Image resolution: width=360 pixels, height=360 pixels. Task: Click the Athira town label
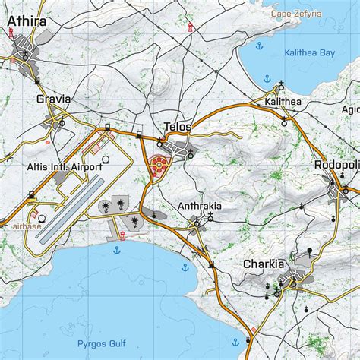[26, 22]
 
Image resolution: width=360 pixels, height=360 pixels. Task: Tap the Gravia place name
[53, 99]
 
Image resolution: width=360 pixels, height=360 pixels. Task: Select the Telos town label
[178, 127]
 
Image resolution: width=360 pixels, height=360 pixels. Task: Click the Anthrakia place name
[200, 206]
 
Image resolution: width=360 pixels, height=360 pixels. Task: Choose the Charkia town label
[264, 264]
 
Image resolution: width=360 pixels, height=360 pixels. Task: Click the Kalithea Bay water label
[309, 53]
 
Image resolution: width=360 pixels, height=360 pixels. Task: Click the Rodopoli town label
[337, 166]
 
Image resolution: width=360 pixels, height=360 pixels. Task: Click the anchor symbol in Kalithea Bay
[268, 77]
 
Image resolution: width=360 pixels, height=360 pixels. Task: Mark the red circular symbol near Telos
[158, 167]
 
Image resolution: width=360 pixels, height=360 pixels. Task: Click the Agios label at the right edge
[351, 109]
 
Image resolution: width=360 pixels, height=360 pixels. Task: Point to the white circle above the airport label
[105, 158]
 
